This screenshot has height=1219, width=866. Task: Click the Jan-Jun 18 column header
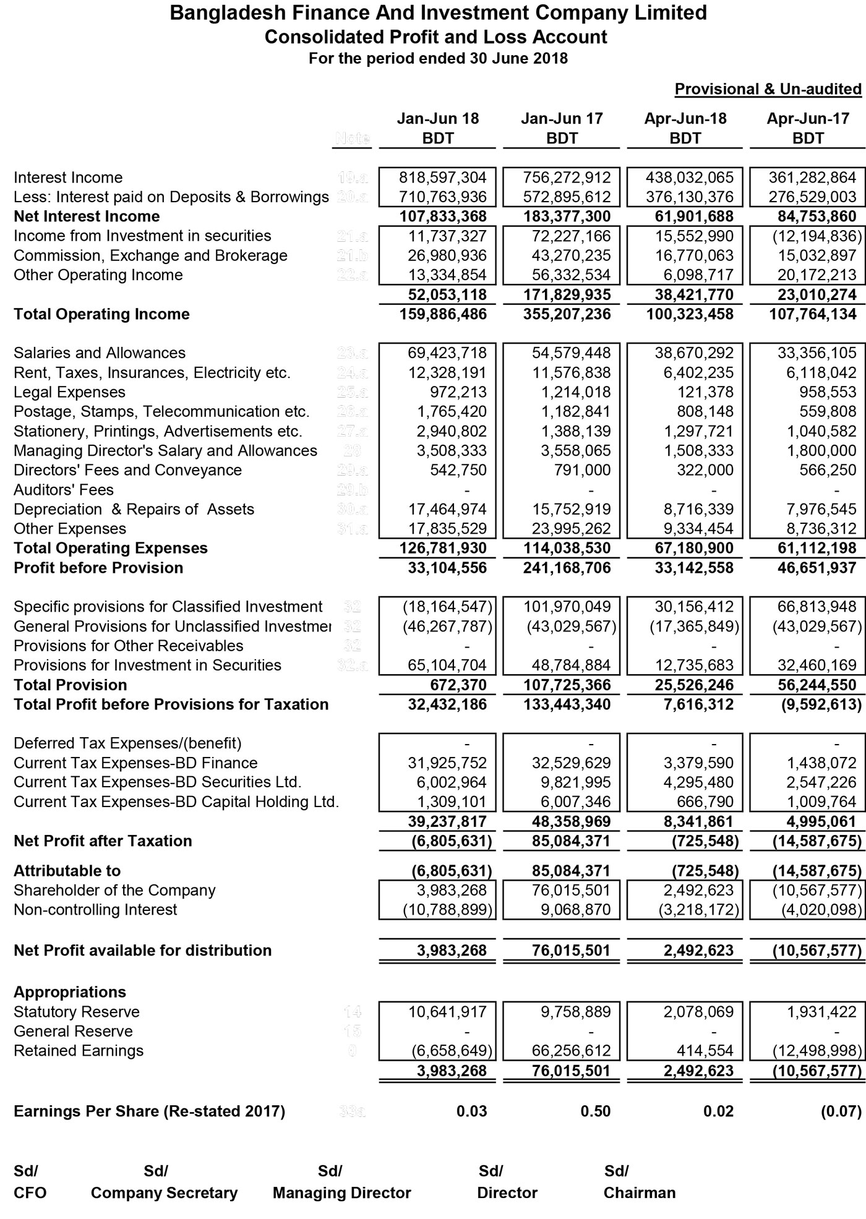pyautogui.click(x=437, y=119)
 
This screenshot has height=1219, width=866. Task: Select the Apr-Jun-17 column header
pyautogui.click(x=808, y=119)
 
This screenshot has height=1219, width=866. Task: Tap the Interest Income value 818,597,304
pyautogui.click(x=447, y=178)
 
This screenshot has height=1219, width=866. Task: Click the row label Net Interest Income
pyautogui.click(x=87, y=216)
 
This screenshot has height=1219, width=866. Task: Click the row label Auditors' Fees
pyautogui.click(x=64, y=490)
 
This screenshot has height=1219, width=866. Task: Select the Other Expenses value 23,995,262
pyautogui.click(x=571, y=529)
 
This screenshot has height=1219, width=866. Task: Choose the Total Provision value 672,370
pyautogui.click(x=458, y=685)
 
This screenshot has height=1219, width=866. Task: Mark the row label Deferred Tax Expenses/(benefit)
pyautogui.click(x=127, y=743)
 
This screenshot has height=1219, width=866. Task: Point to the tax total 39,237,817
pyautogui.click(x=447, y=821)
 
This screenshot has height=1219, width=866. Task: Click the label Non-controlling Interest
pyautogui.click(x=95, y=910)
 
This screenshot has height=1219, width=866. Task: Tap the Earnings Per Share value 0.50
pyautogui.click(x=595, y=1111)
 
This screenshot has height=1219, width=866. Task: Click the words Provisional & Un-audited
pyautogui.click(x=768, y=89)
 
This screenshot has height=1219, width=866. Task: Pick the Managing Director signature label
pyautogui.click(x=341, y=1193)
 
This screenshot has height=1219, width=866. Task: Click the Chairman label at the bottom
pyautogui.click(x=639, y=1193)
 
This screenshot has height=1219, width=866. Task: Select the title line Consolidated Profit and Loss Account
pyautogui.click(x=436, y=37)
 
